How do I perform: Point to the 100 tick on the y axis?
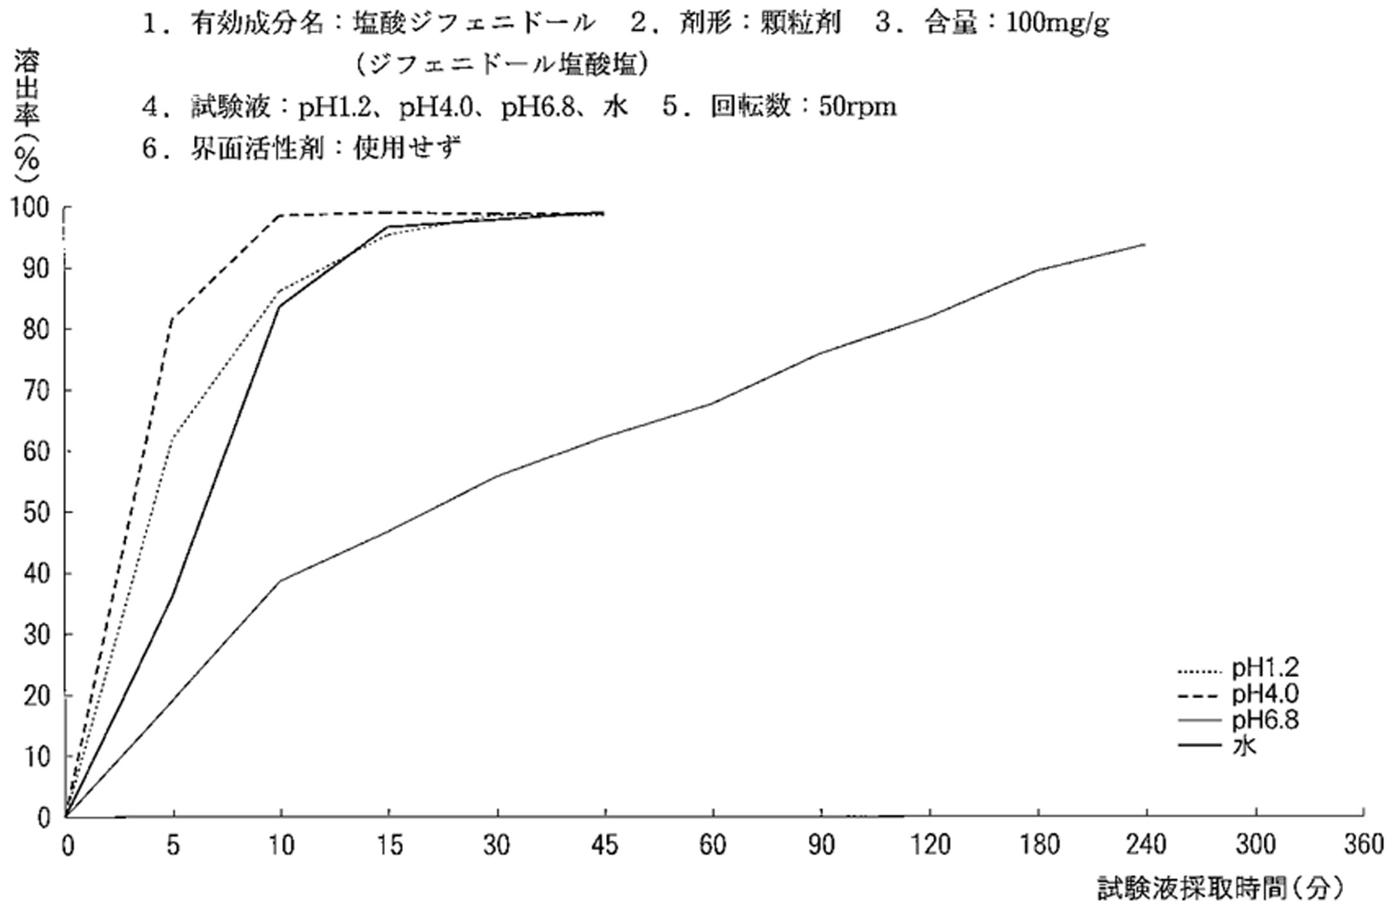[x=30, y=208]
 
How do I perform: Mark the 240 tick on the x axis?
[x=1146, y=844]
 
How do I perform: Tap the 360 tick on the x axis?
[x=1363, y=844]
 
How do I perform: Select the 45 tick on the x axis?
[x=605, y=844]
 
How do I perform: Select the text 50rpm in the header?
[x=857, y=107]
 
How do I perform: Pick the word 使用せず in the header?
[x=407, y=148]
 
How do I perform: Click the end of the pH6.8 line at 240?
[x=1145, y=244]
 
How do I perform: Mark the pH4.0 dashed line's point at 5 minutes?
[x=173, y=317]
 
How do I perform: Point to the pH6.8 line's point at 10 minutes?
[x=281, y=581]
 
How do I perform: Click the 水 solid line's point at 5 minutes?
[x=173, y=595]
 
